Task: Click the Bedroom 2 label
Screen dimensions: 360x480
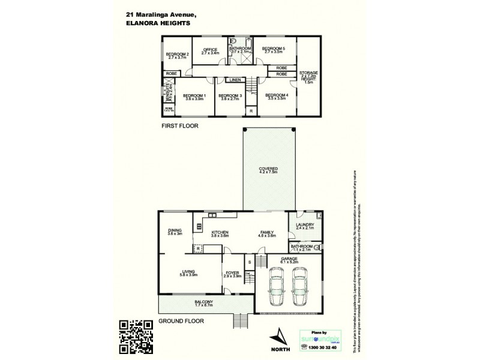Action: pos(178,55)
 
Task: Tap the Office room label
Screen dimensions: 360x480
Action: pos(209,50)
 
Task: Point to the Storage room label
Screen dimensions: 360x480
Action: pos(308,73)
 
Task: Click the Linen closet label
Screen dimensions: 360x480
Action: pos(234,80)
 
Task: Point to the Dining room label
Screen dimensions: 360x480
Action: pos(175,232)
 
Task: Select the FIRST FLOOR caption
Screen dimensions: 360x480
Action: pos(179,127)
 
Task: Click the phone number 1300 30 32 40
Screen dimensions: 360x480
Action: pos(323,347)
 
